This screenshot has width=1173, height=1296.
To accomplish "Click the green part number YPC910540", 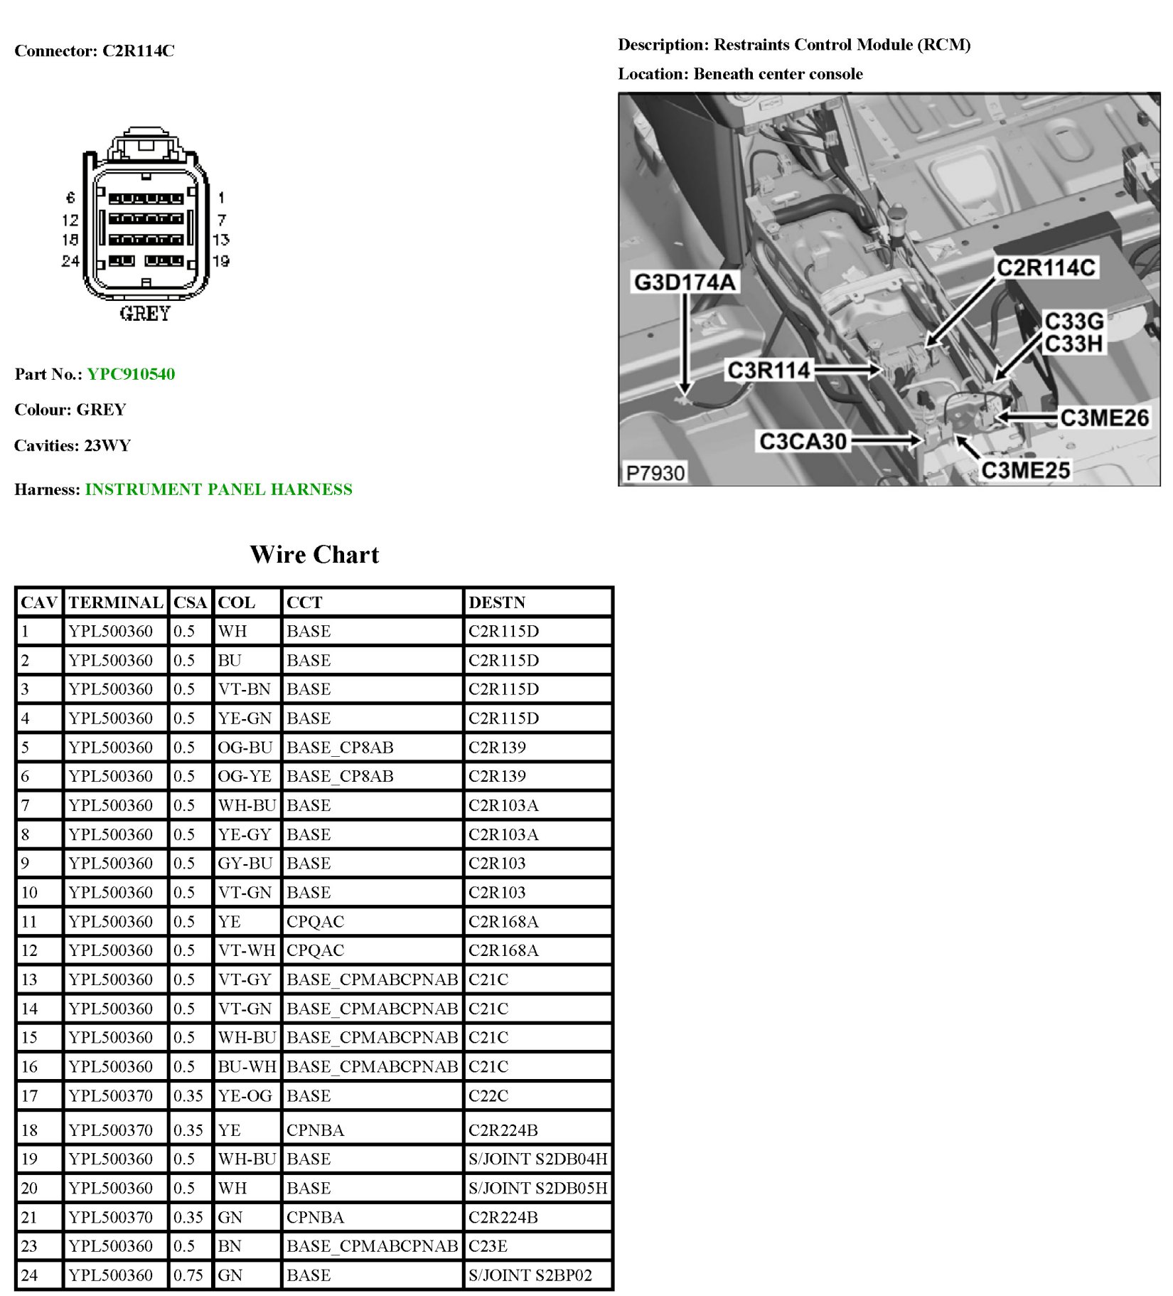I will coord(131,374).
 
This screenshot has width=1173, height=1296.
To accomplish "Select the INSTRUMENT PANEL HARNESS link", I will coord(218,489).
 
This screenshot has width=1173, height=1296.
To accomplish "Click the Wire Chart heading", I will coord(314,555).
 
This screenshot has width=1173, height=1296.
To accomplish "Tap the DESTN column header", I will coord(497,602).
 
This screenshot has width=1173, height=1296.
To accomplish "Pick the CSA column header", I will coord(190,602).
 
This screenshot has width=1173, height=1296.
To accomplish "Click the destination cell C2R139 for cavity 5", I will coord(497,748).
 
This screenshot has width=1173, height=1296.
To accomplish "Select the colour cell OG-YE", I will coord(245,776).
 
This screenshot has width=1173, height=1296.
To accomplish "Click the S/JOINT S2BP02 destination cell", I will coord(530,1275).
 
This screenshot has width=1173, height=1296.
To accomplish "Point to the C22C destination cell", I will coord(488,1095).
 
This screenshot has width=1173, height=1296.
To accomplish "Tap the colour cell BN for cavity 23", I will coord(230,1246).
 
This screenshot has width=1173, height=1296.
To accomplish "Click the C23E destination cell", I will coord(488,1246).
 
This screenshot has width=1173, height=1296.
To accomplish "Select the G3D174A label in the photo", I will coord(684,282).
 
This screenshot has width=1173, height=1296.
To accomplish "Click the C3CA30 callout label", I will coord(803,442).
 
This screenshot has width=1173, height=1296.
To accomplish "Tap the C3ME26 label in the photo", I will coord(1104,418).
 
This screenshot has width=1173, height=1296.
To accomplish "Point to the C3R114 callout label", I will coord(768,370).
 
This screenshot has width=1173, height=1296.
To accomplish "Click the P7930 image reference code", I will coord(655,473).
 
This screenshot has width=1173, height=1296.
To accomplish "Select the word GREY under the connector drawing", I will coord(145,314).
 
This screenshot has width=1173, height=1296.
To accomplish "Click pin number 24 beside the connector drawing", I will coord(70,261).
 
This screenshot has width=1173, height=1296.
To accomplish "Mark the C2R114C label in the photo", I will coord(1046,267).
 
